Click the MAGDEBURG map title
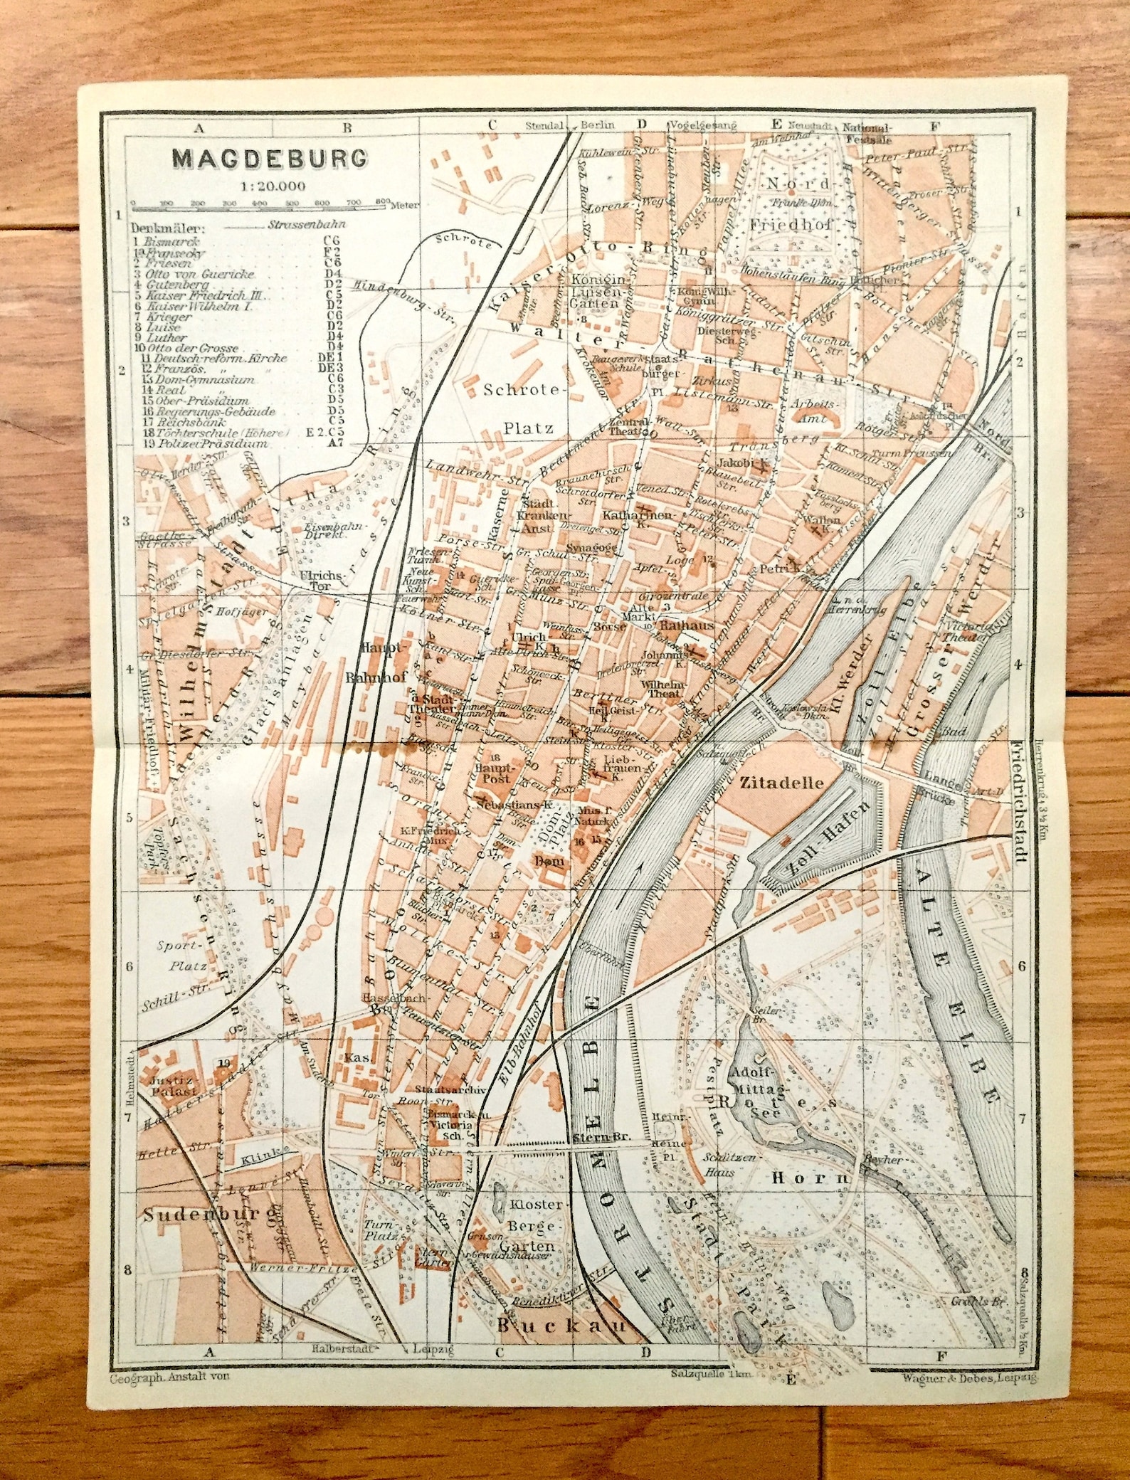pyautogui.click(x=270, y=158)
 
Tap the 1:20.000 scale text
pyautogui.click(x=273, y=186)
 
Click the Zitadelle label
pyautogui.click(x=781, y=783)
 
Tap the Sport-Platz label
pyautogui.click(x=184, y=955)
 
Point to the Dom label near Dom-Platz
pyautogui.click(x=553, y=862)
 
